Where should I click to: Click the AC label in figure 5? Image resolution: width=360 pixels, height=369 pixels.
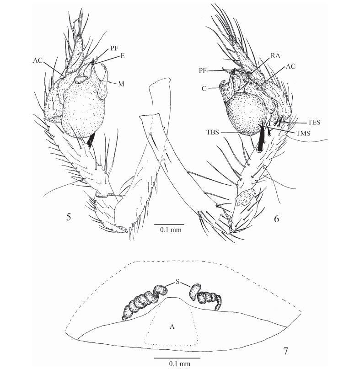click(x=38, y=59)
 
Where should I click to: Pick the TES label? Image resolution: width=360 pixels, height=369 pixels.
click(x=313, y=123)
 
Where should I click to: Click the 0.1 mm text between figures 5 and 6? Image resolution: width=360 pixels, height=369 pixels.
click(x=171, y=230)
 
